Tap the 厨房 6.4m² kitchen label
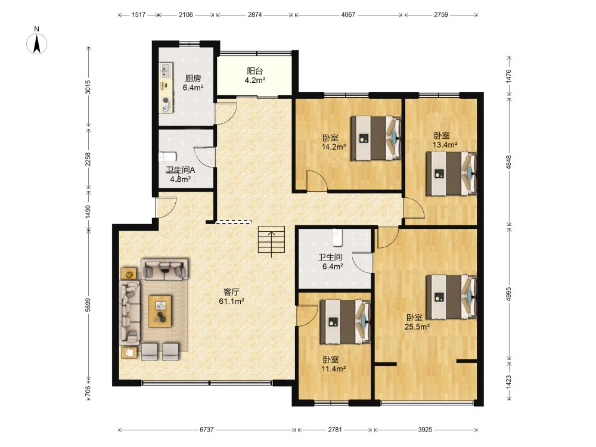193,83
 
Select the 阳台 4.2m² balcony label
254,75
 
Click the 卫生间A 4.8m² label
181,175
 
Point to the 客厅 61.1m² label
231,296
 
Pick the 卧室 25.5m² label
417,322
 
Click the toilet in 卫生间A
167,157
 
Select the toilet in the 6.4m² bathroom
336,237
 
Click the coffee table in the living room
160,311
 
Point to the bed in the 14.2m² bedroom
375,138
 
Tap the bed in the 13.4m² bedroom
451,173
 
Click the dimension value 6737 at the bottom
206,430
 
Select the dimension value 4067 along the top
348,14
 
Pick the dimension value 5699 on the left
88,305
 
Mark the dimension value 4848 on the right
508,162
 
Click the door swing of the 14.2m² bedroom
317,181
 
